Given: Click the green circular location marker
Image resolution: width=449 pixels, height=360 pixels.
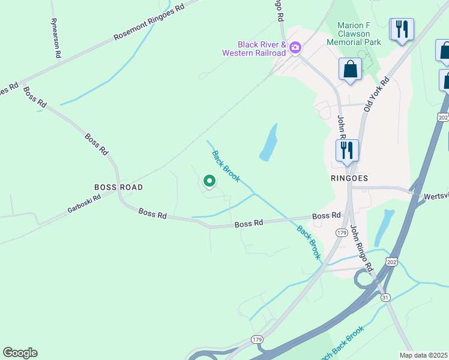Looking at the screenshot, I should [x=209, y=180].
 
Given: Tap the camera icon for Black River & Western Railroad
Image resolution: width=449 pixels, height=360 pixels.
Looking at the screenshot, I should [x=295, y=47].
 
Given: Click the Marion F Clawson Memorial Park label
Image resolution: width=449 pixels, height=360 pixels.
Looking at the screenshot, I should [x=360, y=34].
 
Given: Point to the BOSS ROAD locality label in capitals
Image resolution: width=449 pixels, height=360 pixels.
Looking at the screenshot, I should [x=118, y=187].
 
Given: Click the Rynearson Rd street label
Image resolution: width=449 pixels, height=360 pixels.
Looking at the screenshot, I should [x=56, y=37].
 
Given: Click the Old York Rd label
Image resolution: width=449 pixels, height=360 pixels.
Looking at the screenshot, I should [x=376, y=94].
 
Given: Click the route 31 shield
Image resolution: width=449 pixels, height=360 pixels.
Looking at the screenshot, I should [x=385, y=297].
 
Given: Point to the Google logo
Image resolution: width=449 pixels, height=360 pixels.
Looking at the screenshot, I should [x=20, y=353].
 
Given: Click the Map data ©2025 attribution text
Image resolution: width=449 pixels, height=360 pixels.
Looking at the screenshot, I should [x=424, y=355].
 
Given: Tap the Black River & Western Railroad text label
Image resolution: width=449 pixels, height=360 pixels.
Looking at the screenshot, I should [x=262, y=49].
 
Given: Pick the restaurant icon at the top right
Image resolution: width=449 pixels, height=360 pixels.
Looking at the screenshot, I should [x=402, y=29].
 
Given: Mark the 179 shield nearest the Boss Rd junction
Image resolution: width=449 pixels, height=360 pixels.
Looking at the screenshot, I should [x=342, y=232].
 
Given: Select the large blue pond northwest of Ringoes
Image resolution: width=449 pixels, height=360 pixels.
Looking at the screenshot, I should [x=269, y=143].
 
